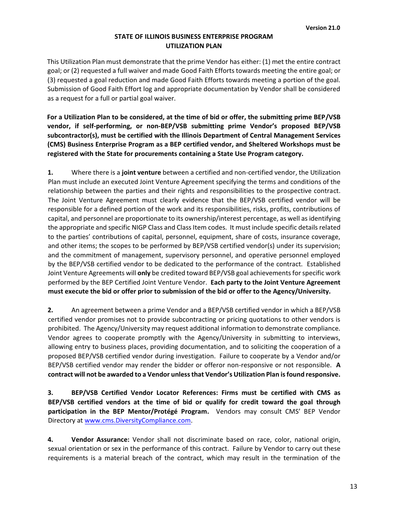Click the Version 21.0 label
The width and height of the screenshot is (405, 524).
coord(323,28)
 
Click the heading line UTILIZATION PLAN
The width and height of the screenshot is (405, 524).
coord(194,46)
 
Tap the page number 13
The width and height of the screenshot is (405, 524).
coord(353,487)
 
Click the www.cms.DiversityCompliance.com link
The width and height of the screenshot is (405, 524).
coord(138,420)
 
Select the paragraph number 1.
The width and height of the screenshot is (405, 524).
coord(50,173)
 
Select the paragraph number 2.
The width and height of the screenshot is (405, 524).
coord(50,310)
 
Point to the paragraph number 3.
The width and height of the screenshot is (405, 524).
coord(50,393)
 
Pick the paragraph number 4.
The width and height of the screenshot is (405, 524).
coord(50,439)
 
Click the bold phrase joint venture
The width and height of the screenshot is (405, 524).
coord(141,173)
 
